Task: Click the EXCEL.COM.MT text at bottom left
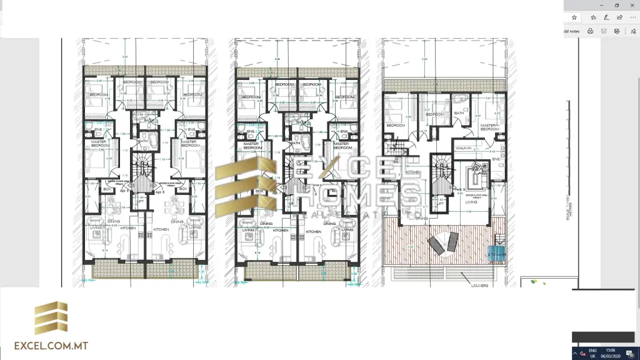pos(52,346)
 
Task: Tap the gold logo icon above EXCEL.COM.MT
pos(51,317)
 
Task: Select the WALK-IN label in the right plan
pos(463,148)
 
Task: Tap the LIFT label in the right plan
pos(441,203)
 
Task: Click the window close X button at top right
pos(631,5)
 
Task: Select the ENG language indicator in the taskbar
pos(592,351)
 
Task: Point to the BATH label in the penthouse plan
pos(459,113)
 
